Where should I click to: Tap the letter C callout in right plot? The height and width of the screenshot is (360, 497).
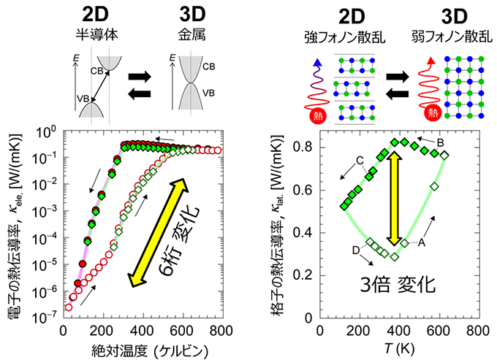coord(360,161)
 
